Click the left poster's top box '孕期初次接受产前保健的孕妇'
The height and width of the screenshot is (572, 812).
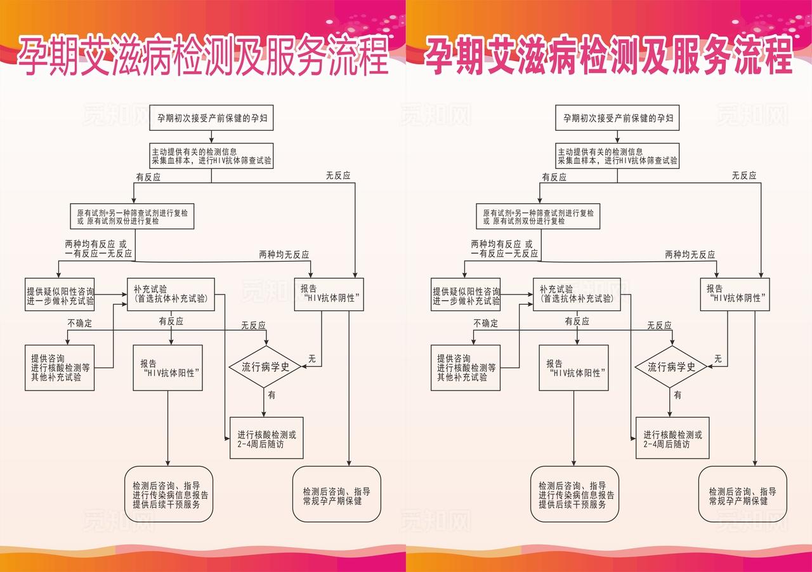211,118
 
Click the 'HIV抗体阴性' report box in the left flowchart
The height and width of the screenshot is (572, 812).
329,293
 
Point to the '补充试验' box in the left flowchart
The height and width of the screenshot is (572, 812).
171,293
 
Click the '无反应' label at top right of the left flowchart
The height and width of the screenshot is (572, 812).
337,176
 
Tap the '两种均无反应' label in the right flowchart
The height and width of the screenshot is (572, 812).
690,255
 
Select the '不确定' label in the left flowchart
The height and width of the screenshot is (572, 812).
79,323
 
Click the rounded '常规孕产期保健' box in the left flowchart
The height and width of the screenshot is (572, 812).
336,495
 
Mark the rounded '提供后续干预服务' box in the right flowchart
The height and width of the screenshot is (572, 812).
576,495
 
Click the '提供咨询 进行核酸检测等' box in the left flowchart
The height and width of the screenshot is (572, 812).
60,368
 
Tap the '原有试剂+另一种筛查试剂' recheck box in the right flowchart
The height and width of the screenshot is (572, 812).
538,217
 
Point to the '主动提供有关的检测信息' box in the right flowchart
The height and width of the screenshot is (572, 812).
617,156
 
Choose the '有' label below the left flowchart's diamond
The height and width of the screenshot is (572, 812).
272,395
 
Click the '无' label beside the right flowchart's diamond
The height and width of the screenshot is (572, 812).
717,359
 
